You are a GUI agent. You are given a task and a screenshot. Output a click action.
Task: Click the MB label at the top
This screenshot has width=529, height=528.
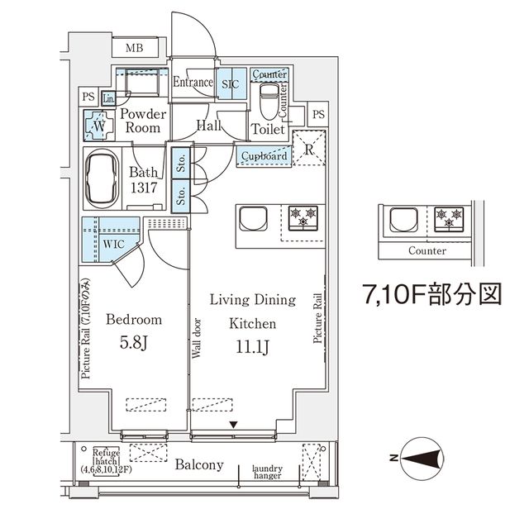coord(134,48)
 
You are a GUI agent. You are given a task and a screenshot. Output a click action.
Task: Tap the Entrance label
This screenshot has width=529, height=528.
coord(193,83)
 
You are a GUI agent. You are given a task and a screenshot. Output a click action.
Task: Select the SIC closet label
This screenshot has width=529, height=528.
coord(229,83)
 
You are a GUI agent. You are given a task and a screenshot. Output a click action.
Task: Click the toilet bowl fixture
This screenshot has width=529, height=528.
coord(269,106)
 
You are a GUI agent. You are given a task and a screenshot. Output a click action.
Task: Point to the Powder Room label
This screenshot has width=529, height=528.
coord(143,121)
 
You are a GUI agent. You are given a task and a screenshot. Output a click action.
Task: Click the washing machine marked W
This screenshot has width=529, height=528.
coord(98,126)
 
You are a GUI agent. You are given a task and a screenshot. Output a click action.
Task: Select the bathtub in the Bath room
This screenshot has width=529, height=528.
coord(104,178)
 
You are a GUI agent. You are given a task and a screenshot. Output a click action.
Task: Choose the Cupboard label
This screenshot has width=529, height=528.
coord(264,155)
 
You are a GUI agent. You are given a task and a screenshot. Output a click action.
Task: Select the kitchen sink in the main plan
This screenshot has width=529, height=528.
coord(251,219)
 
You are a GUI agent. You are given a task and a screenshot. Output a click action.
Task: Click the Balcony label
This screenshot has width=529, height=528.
coord(198,465)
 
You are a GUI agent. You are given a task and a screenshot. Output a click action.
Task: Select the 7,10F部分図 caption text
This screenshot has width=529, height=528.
coord(432,294)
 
